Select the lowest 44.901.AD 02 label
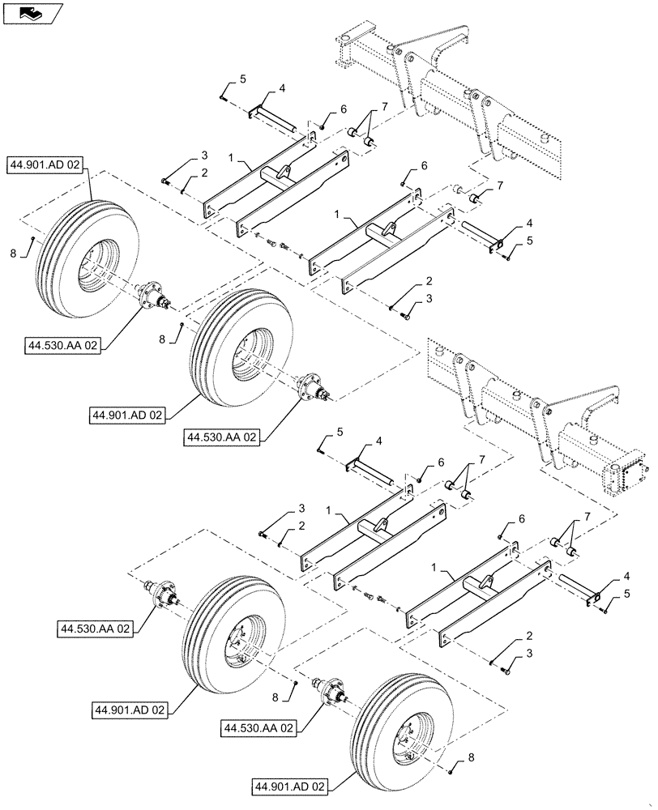(x=290, y=787)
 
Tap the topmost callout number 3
(x=182, y=155)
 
